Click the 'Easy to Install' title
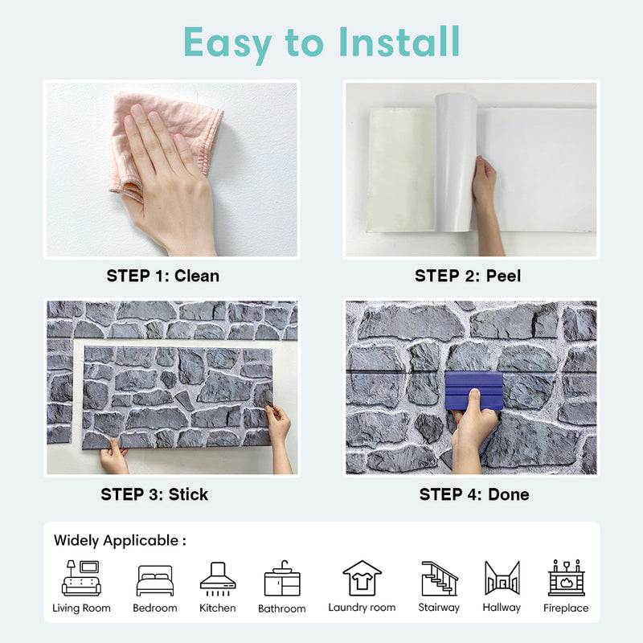point(321,42)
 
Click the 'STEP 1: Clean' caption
point(163,276)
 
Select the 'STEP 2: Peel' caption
point(468,276)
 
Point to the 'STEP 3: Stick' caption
point(154,494)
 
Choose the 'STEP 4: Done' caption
point(474,494)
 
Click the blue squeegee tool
point(473,390)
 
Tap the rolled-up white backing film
point(456,161)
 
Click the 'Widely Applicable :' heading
point(120,540)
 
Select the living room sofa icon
point(82,579)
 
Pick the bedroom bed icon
point(155,580)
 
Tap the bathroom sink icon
point(282,580)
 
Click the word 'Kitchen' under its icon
point(218,608)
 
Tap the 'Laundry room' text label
point(362,608)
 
